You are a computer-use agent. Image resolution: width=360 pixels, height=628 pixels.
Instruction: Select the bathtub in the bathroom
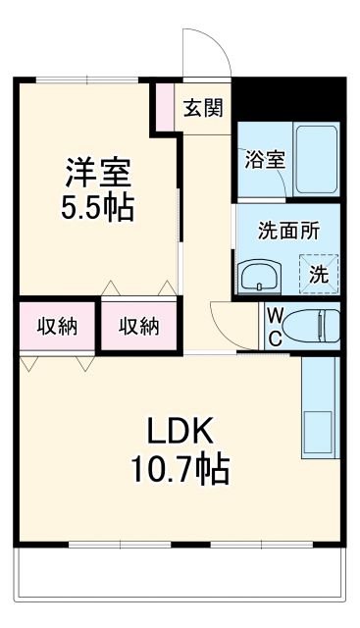tap(316, 160)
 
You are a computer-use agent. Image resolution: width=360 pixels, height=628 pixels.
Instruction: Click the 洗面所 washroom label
tap(288, 233)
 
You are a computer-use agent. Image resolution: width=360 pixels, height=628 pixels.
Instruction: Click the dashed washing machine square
tap(319, 273)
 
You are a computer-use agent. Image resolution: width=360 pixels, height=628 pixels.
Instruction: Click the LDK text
tap(180, 431)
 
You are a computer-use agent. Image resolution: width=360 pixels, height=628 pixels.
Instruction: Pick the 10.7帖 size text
tap(180, 470)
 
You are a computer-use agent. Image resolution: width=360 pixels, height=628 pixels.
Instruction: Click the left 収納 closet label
tap(57, 327)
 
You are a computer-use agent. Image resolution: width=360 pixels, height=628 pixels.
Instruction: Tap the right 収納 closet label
tap(138, 327)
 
